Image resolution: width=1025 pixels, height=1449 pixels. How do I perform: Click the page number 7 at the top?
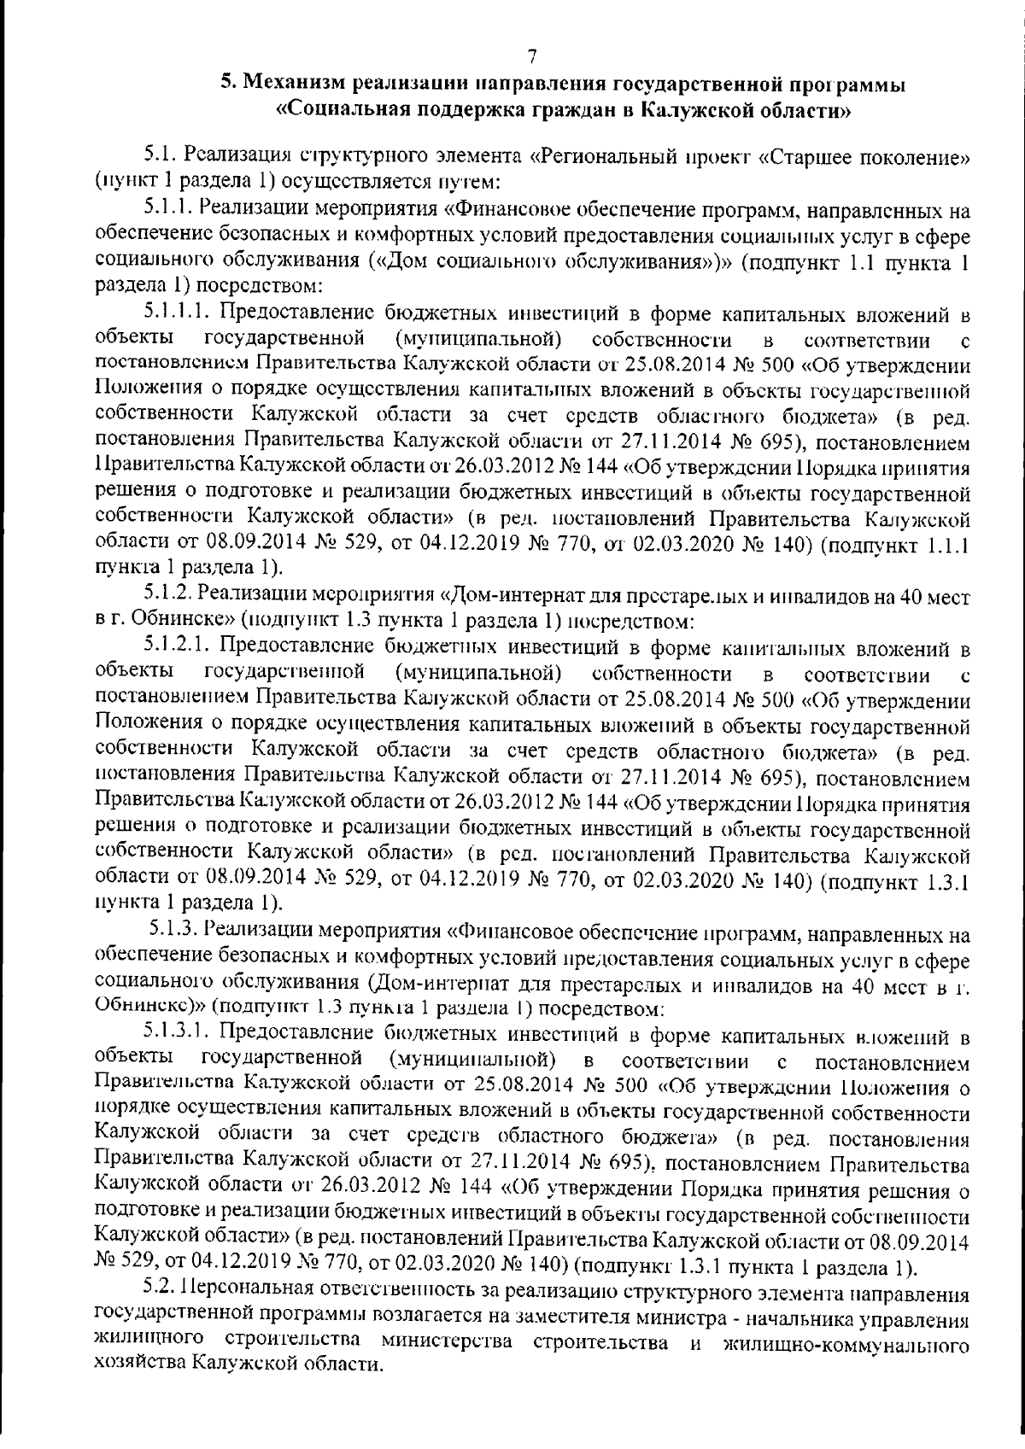click(x=531, y=57)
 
